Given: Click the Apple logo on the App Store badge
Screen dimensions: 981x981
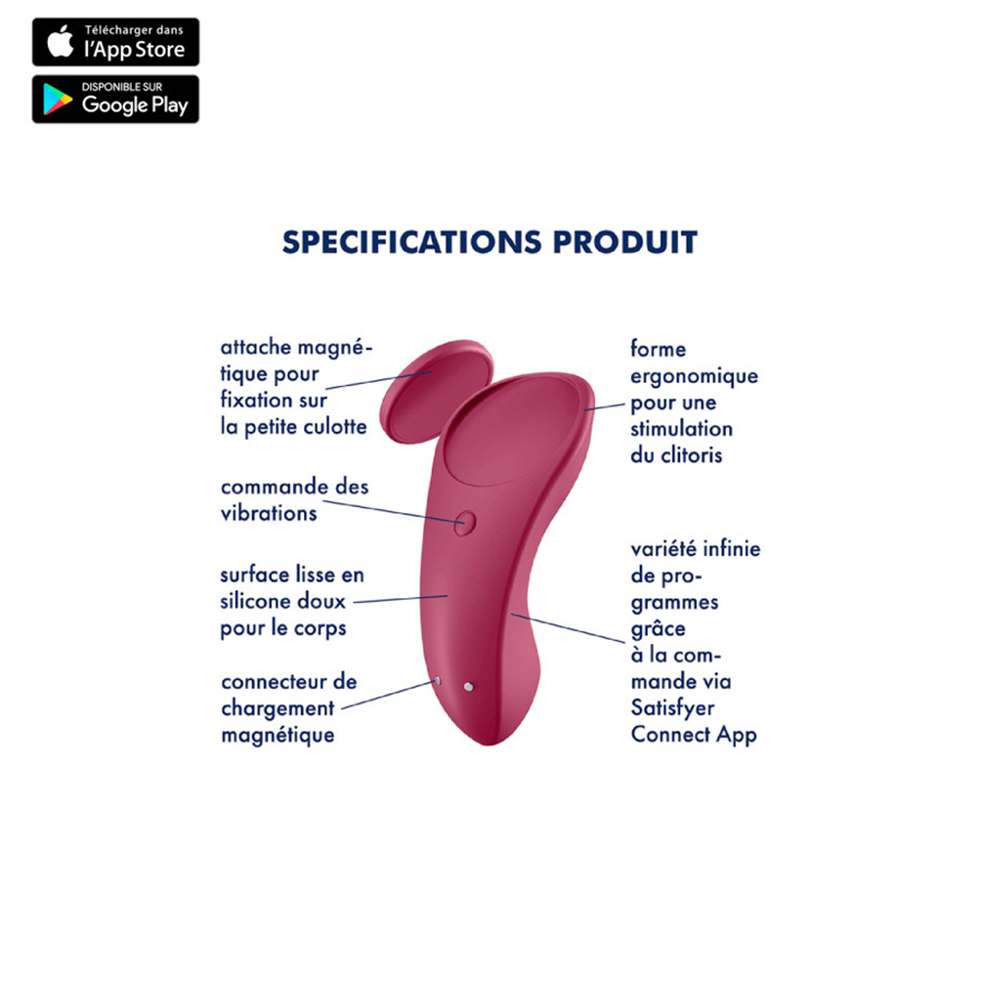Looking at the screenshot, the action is point(61,41).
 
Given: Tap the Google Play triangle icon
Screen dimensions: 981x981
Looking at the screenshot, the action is point(57,100).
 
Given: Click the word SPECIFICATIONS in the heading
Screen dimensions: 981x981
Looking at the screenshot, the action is point(411,242).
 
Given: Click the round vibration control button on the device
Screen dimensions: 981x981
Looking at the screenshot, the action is point(465,523).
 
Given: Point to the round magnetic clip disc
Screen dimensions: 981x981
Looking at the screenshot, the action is point(437,391).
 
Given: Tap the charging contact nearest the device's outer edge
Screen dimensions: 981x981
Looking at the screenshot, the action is point(438,681).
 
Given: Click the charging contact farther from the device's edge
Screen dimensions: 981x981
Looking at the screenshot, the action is point(469,687).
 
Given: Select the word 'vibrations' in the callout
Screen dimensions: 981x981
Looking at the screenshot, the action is point(269,513).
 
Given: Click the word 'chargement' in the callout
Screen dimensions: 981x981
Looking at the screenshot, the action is point(277,708).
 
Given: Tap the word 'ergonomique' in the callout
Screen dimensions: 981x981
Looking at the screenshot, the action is point(695,376).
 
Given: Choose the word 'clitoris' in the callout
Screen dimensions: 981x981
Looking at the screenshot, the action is point(691,455).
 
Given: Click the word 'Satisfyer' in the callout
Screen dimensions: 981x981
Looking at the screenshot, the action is point(672,708).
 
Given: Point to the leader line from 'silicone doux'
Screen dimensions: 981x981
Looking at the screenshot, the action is point(401,599).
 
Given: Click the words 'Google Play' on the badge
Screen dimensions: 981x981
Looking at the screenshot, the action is point(135,106).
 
